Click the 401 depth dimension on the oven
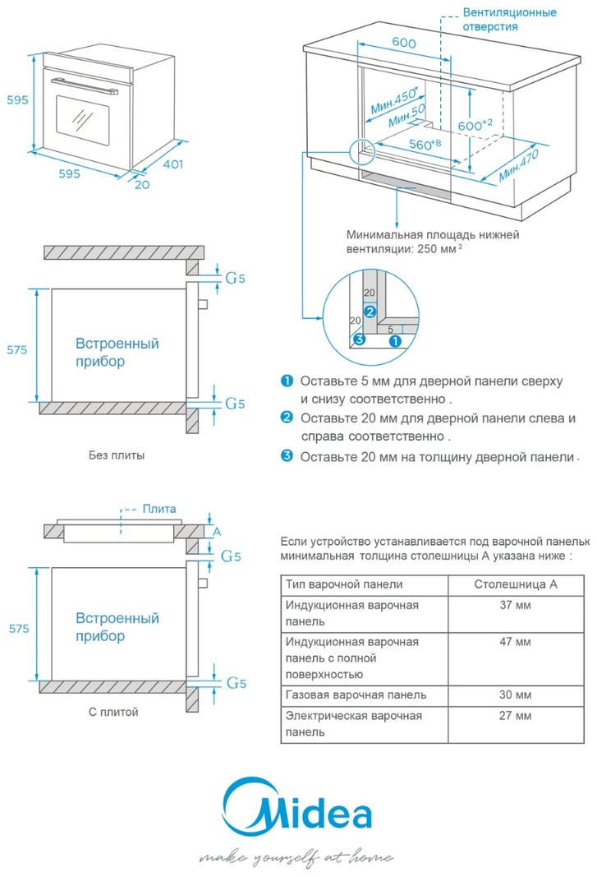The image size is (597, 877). [x=171, y=164]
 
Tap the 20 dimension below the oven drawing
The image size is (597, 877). [x=142, y=184]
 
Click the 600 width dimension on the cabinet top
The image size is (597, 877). [x=402, y=44]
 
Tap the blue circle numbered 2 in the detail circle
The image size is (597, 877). [x=370, y=312]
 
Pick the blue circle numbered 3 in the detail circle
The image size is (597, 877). [x=358, y=339]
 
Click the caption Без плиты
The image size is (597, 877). [x=117, y=455]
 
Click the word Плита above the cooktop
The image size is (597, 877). [x=159, y=509]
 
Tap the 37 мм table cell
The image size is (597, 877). [x=515, y=606]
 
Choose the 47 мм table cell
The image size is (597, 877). [x=515, y=641]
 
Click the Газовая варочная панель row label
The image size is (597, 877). [x=356, y=695]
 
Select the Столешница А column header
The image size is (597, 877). [x=516, y=584]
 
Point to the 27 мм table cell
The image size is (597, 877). [x=515, y=716]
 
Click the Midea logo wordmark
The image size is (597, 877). [x=299, y=812]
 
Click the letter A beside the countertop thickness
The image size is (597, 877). [x=217, y=532]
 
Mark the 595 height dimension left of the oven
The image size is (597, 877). [x=17, y=100]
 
